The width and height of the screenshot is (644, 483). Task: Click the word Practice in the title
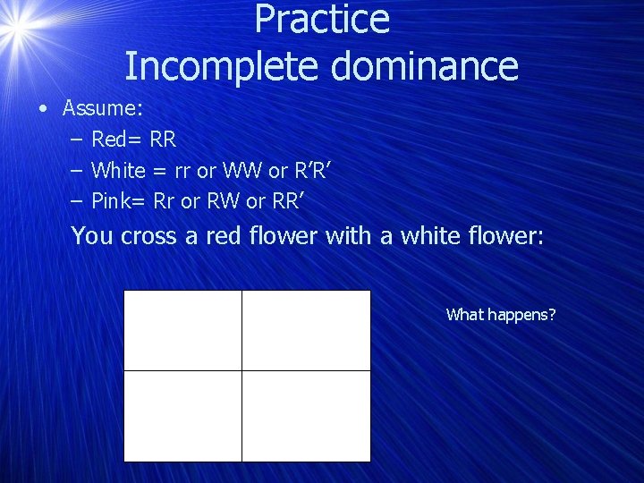click(322, 20)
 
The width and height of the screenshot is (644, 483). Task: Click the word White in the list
click(118, 170)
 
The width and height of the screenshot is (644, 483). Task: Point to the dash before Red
click(75, 140)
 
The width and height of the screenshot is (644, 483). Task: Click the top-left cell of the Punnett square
click(182, 330)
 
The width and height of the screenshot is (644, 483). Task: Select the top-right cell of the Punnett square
click(306, 330)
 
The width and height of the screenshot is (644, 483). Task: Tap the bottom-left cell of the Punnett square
click(182, 416)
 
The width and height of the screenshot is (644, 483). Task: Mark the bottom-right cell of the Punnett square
click(306, 416)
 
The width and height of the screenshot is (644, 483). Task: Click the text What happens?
click(501, 314)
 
